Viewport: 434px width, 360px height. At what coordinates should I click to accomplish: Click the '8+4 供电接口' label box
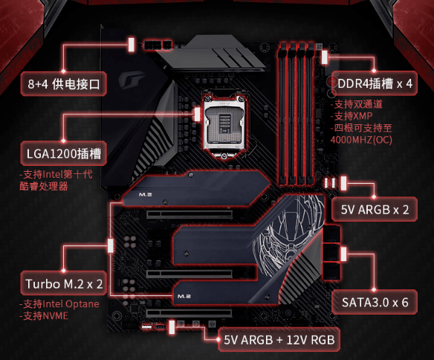click(x=64, y=84)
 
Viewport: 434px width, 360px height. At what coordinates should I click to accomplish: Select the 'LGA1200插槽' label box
click(x=64, y=153)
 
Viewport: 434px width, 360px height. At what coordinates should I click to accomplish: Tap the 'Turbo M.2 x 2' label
click(x=64, y=283)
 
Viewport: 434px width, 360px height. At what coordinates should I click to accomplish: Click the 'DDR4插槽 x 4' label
click(x=375, y=83)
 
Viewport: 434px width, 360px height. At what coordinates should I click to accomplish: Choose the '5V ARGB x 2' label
click(x=375, y=209)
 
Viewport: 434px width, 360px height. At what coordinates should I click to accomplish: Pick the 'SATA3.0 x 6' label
click(x=375, y=302)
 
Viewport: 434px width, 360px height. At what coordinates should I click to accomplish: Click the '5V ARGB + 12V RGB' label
click(x=279, y=340)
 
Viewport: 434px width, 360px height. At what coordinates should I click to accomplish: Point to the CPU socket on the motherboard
click(x=224, y=126)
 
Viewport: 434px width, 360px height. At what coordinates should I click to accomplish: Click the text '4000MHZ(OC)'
click(x=361, y=140)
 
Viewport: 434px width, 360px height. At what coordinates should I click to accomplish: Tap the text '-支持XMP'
click(x=352, y=116)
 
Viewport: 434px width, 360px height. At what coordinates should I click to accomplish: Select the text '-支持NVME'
click(x=44, y=315)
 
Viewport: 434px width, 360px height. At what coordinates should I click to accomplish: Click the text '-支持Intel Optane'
click(x=59, y=303)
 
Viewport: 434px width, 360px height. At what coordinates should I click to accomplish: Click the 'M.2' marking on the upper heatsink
click(x=146, y=195)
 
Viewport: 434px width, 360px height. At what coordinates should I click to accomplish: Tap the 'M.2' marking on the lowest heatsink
click(x=184, y=296)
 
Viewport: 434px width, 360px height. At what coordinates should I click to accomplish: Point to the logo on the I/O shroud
click(x=132, y=79)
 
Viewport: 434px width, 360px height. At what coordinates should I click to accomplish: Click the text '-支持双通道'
click(x=357, y=104)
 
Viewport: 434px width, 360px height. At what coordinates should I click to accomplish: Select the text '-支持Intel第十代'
click(x=56, y=175)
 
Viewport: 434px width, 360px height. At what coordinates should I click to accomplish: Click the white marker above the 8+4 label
click(x=132, y=45)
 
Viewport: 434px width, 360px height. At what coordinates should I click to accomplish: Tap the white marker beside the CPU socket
click(x=197, y=114)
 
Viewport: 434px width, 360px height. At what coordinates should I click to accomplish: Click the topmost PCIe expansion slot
click(x=190, y=214)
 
